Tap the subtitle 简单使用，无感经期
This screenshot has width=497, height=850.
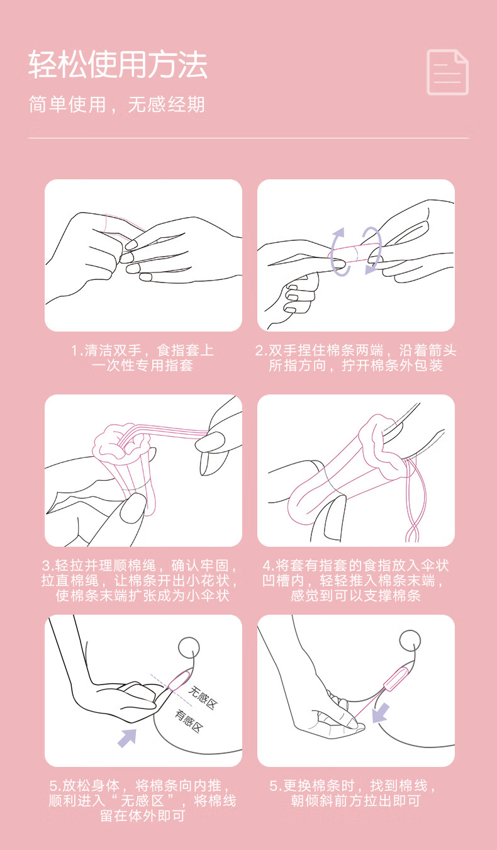tap(117, 104)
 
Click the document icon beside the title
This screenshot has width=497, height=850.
tap(448, 72)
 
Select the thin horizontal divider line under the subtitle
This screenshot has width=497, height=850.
tap(248, 138)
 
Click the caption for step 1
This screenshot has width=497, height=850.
tap(143, 357)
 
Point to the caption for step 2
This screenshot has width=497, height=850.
tap(355, 357)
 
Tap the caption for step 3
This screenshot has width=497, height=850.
tap(140, 580)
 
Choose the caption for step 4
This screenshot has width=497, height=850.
tap(355, 580)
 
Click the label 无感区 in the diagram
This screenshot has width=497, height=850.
tap(203, 698)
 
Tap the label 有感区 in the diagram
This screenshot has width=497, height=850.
tap(189, 721)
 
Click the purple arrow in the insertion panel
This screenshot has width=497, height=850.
tap(128, 738)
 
